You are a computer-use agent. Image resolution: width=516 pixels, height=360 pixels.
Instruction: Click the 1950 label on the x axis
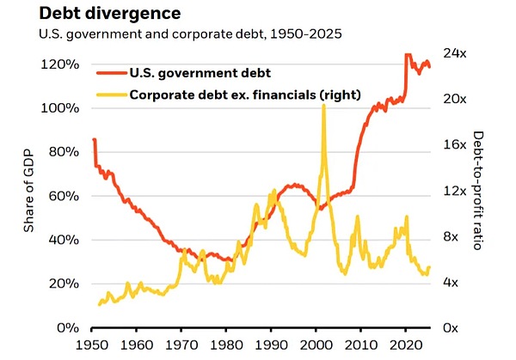pos(91,345)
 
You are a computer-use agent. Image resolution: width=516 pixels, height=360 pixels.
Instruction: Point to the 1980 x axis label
pos(226,345)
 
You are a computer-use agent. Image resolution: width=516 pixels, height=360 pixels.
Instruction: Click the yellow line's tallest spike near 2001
pos(323,105)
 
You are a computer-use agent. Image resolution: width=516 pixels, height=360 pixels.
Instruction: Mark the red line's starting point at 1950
pos(93,139)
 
